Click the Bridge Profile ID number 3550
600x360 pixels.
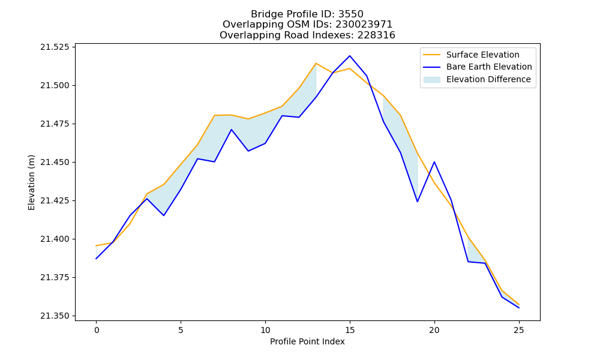[x=350, y=14]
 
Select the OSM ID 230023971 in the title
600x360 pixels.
[x=364, y=25]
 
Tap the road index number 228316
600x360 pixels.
[x=376, y=35]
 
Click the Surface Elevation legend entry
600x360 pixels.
[x=471, y=55]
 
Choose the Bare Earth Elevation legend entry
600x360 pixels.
[x=477, y=67]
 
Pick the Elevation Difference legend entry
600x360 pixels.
[x=477, y=79]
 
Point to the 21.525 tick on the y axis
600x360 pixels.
[x=55, y=47]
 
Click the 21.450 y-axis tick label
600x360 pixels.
[x=55, y=162]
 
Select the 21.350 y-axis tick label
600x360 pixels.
[x=55, y=316]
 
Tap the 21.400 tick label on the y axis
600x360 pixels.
[x=55, y=239]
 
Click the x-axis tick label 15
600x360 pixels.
[x=349, y=330]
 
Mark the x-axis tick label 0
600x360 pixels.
[x=96, y=330]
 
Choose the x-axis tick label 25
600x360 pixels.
[x=518, y=330]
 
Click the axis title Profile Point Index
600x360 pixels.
[x=307, y=341]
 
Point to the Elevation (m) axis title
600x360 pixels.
[x=31, y=182]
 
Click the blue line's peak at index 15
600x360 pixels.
[x=350, y=56]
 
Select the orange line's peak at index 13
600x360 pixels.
[x=316, y=63]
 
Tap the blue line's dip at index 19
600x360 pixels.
[x=417, y=202]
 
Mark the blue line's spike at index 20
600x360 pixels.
[x=434, y=162]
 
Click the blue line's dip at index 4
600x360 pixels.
[x=164, y=215]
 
